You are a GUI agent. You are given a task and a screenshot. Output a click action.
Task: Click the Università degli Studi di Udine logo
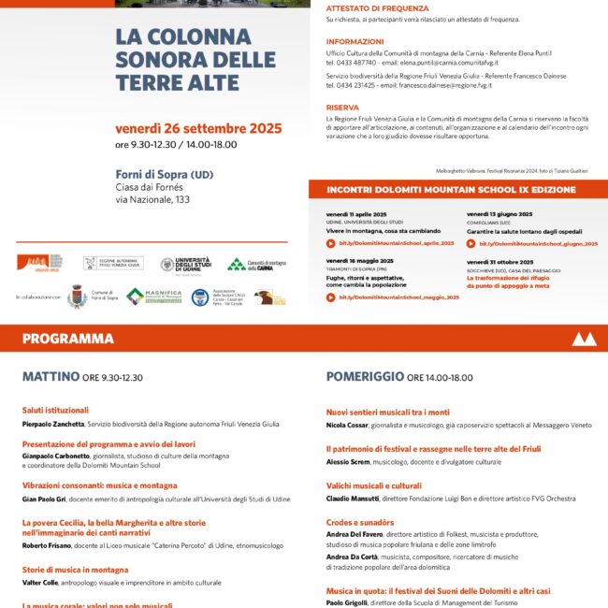click(x=185, y=265)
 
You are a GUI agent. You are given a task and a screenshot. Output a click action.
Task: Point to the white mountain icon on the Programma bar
click(x=583, y=339)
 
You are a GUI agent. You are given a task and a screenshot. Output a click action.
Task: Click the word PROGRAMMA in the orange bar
click(x=68, y=339)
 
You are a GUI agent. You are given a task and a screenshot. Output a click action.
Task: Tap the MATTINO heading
click(x=51, y=377)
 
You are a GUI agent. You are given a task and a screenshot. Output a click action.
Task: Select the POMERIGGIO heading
click(x=365, y=377)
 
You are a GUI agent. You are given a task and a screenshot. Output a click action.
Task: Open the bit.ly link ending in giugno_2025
click(x=540, y=242)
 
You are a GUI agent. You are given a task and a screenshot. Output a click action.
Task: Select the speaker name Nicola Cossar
click(x=349, y=426)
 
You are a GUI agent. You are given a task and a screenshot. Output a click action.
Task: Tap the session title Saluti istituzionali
click(x=55, y=410)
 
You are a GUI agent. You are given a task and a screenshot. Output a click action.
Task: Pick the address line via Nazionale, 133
click(x=152, y=199)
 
